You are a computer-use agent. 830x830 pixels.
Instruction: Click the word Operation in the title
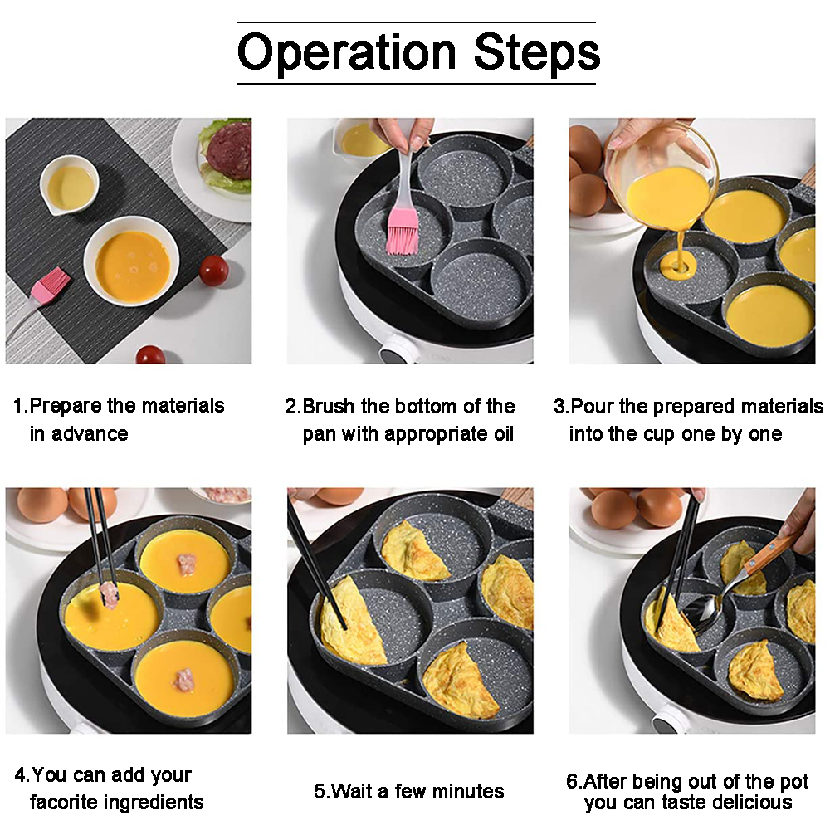pos(347,53)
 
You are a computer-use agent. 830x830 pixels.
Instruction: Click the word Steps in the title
pos(537,51)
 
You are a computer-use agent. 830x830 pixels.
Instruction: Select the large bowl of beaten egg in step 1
pos(131,261)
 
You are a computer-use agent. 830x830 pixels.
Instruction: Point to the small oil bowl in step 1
pos(70,185)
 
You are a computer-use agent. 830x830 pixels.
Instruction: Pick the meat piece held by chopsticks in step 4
pos(109,594)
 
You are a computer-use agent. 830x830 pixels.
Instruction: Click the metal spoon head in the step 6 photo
pos(705,613)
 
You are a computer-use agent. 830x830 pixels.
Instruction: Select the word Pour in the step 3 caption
pos(593,406)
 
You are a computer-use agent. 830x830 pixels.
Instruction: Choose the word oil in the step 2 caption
pos(504,433)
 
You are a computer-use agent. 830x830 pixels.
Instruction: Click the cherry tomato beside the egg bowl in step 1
pos(214,270)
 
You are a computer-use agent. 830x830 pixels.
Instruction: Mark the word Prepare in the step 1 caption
pos(66,407)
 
